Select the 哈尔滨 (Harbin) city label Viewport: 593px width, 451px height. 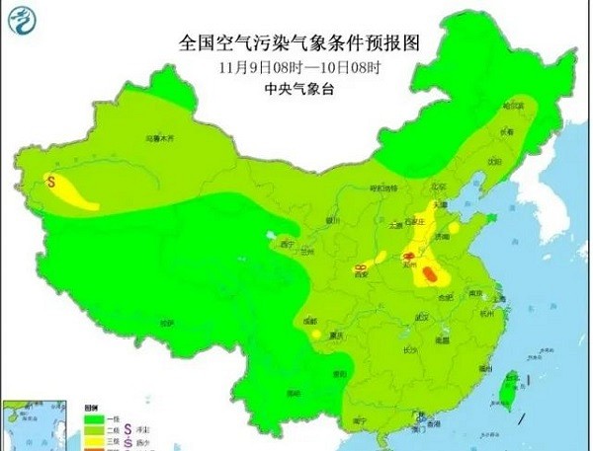point(511,106)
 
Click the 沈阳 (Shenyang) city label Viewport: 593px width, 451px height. point(491,158)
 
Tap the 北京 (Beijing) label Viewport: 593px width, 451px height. point(439,185)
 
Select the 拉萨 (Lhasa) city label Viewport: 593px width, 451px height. point(165,323)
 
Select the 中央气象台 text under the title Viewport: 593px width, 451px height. point(296,89)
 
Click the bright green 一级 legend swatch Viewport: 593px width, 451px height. point(90,418)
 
